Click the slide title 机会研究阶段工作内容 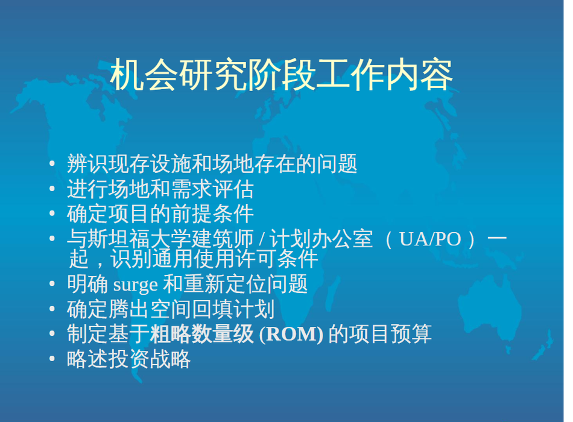point(282,75)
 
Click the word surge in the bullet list point(136,285)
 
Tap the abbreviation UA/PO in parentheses point(430,239)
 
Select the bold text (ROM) point(291,334)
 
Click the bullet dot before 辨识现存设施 point(52,163)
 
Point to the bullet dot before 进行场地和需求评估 point(52,189)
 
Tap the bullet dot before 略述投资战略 point(52,359)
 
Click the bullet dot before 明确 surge point(52,284)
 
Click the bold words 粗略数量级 point(201,333)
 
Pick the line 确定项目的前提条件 point(160,214)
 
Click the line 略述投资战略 point(128,359)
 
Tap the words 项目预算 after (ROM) point(390,333)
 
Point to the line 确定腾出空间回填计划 point(171,309)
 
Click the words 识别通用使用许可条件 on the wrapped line point(214,259)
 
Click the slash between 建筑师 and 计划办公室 point(262,240)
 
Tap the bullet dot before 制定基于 point(52,333)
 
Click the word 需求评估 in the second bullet point(212,189)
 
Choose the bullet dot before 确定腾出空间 point(52,309)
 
